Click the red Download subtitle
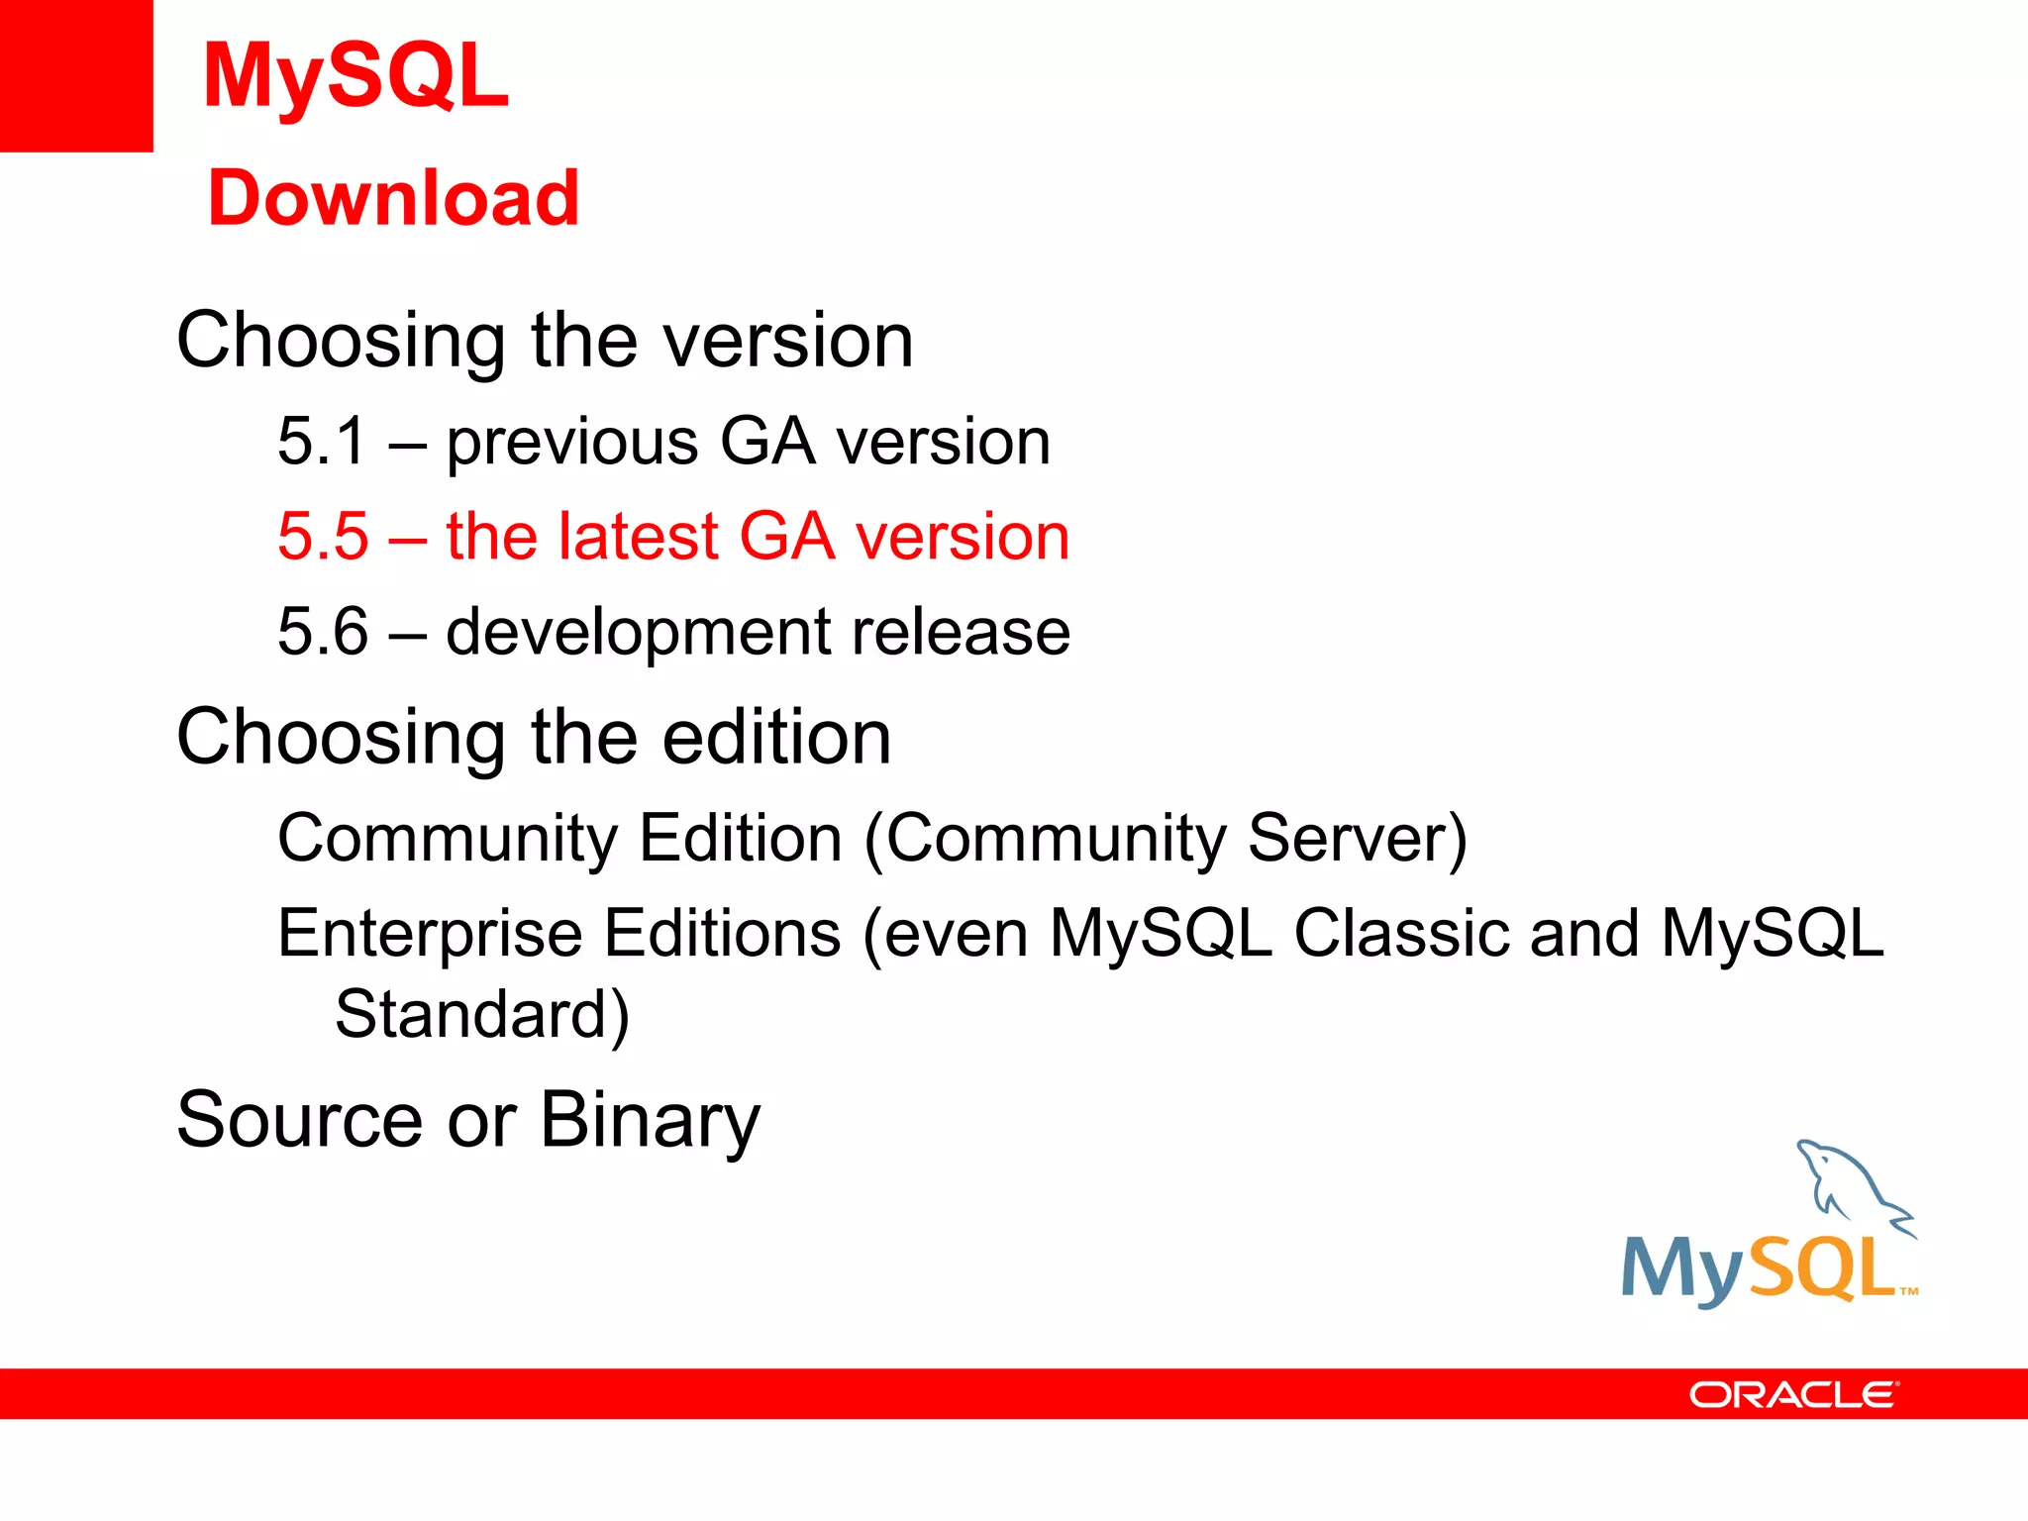click(x=393, y=198)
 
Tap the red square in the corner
click(x=75, y=75)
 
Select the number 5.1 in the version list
click(x=323, y=442)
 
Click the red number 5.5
click(x=323, y=537)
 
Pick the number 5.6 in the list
click(x=323, y=632)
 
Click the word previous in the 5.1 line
click(x=571, y=444)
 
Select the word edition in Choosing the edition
click(x=776, y=738)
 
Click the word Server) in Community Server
click(x=1357, y=839)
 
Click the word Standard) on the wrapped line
click(x=482, y=1015)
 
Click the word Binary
click(x=651, y=1122)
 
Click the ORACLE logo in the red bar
click(x=1793, y=1395)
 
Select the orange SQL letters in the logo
click(x=1822, y=1268)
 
